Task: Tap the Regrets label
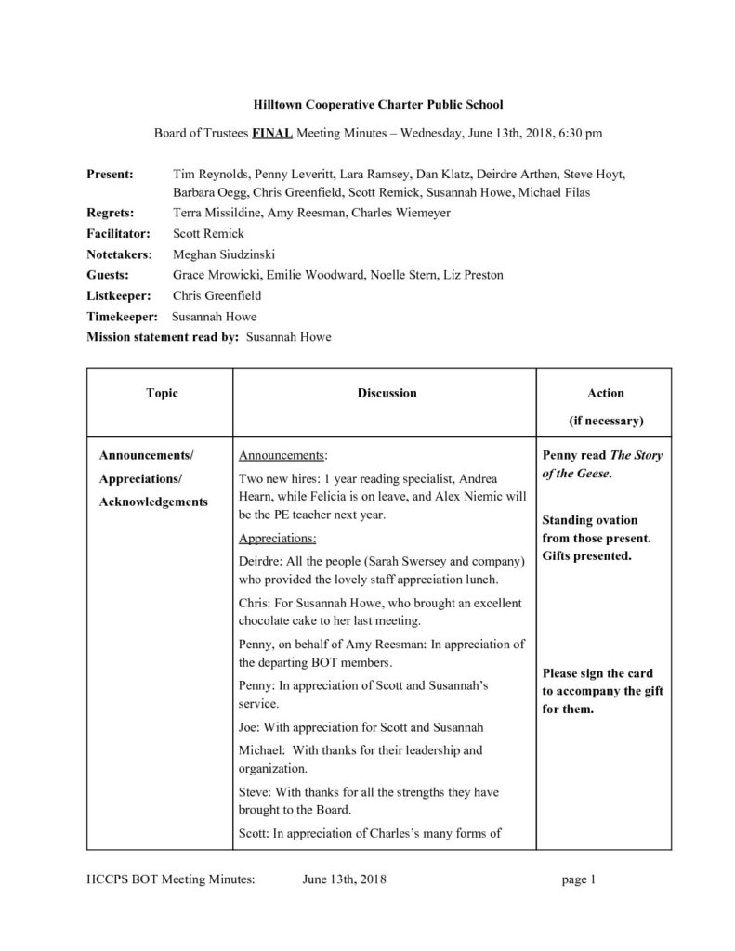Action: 112,213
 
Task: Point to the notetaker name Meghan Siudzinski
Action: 224,254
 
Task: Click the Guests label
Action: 108,275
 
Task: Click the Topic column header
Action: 162,393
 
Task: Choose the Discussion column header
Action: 387,393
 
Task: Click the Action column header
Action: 606,393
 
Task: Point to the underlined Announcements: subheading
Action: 283,456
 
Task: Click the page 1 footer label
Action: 578,879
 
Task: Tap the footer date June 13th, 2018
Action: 345,879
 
